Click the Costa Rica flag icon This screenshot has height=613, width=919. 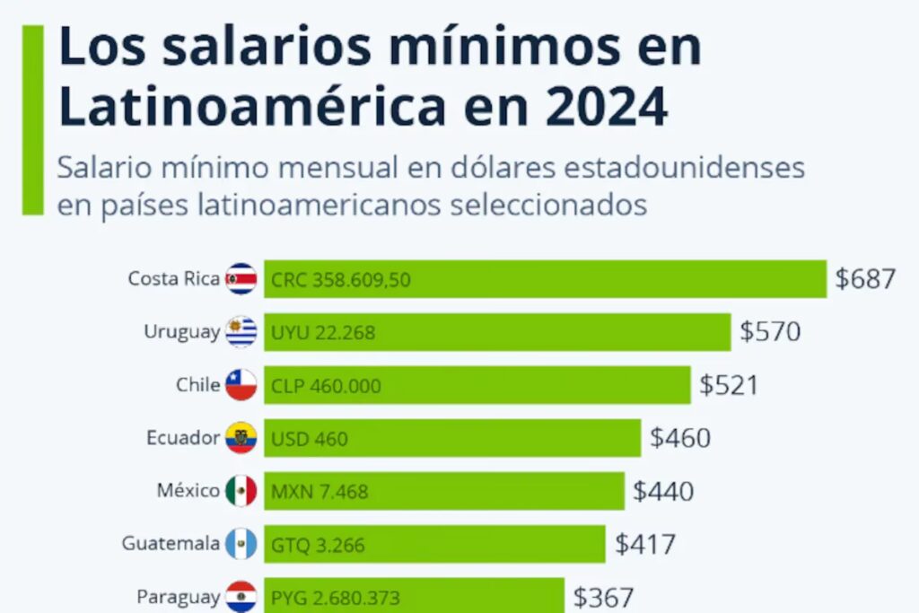(241, 279)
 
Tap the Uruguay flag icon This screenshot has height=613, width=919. (241, 332)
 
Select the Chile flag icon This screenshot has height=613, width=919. (241, 385)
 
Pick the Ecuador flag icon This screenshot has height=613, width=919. (241, 438)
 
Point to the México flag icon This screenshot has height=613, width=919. (241, 491)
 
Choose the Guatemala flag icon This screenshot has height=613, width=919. (241, 544)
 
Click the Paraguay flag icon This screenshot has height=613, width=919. (241, 596)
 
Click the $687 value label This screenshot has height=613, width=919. (865, 279)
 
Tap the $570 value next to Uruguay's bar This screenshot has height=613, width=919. (770, 332)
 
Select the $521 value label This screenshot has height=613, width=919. (729, 386)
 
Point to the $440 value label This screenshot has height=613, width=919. (663, 492)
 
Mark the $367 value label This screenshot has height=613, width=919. (603, 597)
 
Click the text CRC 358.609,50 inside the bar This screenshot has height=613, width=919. (340, 280)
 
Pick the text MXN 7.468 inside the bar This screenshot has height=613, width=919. (319, 492)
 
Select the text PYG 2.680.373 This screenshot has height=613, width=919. (335, 597)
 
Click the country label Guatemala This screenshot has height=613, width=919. (171, 544)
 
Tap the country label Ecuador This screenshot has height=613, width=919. (183, 438)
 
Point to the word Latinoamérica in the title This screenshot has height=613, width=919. (252, 106)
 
